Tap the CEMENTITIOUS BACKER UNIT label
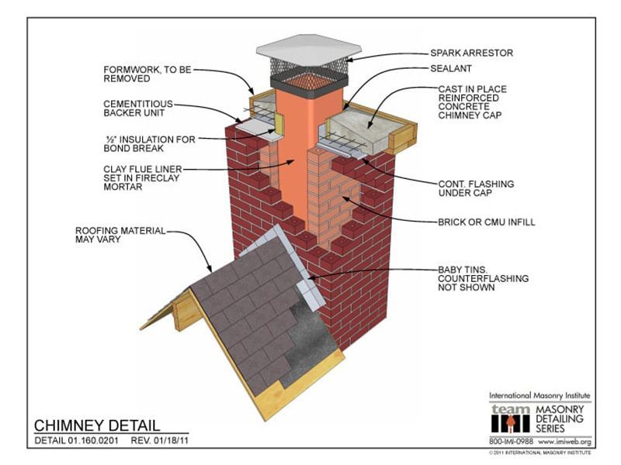pos(138,108)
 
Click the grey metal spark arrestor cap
pos(308,48)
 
